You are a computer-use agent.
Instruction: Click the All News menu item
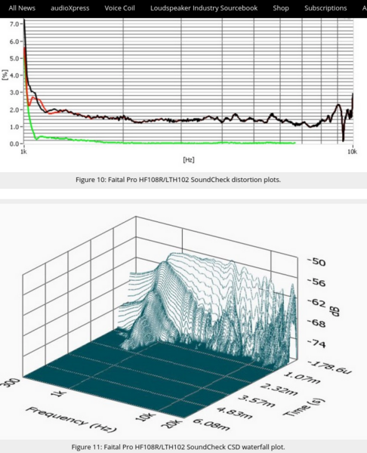pyautogui.click(x=22, y=8)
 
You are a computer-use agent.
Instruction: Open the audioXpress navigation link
pyautogui.click(x=70, y=8)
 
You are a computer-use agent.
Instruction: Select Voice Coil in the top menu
pyautogui.click(x=119, y=8)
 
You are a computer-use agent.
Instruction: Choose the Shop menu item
pyautogui.click(x=281, y=8)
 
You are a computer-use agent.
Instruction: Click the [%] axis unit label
pyautogui.click(x=6, y=75)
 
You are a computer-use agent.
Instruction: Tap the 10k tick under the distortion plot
pyautogui.click(x=352, y=152)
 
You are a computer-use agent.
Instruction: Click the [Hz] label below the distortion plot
pyautogui.click(x=189, y=160)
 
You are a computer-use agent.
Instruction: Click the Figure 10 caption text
pyautogui.click(x=183, y=180)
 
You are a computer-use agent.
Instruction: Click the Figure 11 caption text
pyautogui.click(x=183, y=445)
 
